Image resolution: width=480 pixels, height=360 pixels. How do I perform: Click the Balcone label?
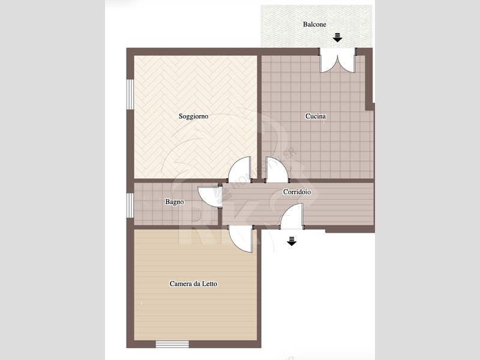tap(314, 24)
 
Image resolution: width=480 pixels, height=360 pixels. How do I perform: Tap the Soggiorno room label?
tap(193, 116)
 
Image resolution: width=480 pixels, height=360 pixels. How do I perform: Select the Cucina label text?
tap(316, 116)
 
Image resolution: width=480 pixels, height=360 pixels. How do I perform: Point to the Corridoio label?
tap(297, 192)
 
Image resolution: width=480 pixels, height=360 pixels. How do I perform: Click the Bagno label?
tap(175, 202)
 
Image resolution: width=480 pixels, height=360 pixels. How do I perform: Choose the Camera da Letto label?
tap(193, 284)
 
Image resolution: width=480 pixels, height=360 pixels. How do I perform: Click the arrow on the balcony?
tap(337, 37)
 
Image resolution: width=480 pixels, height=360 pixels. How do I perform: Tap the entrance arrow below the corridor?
tap(292, 241)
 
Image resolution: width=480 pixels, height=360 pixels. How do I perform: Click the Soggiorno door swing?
tap(240, 169)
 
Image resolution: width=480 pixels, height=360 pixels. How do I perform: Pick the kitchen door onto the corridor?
tap(277, 170)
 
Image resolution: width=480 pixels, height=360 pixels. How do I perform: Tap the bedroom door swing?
tap(241, 239)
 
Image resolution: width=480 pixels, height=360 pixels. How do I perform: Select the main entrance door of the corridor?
tap(292, 216)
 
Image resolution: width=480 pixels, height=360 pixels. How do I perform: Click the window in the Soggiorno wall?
tap(130, 94)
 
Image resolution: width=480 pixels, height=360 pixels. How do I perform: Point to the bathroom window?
tap(130, 205)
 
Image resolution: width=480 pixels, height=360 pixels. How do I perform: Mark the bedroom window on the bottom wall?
tap(172, 344)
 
